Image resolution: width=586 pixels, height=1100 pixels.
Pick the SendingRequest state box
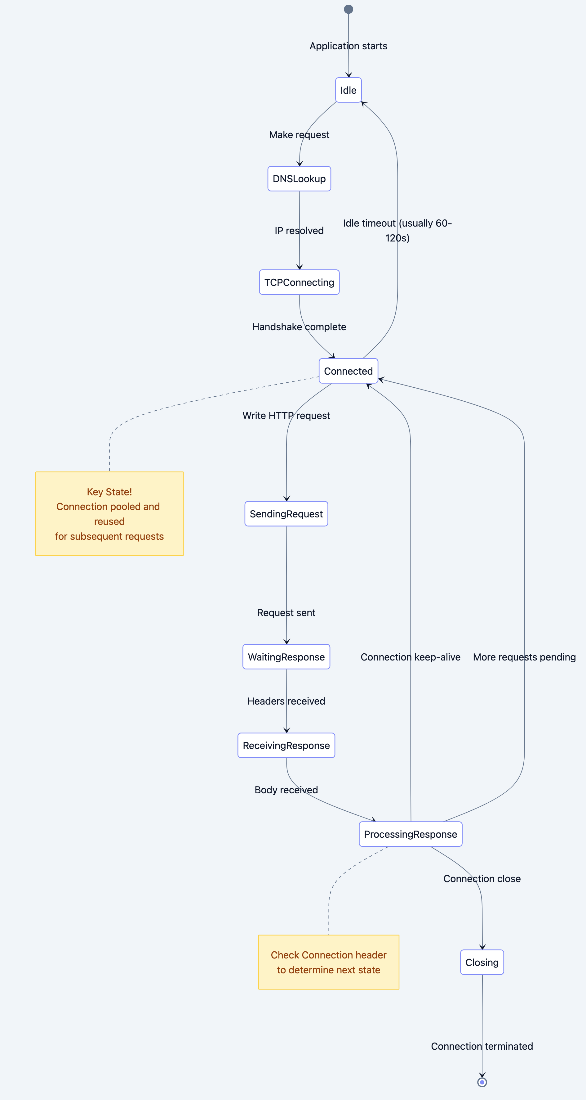click(x=286, y=514)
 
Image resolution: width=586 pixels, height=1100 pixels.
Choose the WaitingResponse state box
click(x=286, y=657)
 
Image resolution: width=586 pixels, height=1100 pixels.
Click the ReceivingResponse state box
click(x=286, y=745)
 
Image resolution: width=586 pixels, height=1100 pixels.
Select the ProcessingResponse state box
click(x=410, y=834)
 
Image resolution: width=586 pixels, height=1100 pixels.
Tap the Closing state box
click(x=482, y=962)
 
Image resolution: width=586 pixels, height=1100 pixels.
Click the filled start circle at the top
click(x=348, y=9)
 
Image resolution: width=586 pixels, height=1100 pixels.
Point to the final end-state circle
click(x=482, y=1082)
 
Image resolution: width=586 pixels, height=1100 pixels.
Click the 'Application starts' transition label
click(x=348, y=46)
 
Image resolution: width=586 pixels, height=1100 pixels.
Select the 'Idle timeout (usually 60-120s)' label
click(x=397, y=231)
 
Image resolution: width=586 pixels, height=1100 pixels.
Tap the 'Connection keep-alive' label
click(x=410, y=657)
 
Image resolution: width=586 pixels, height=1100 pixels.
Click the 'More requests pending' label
click(x=524, y=657)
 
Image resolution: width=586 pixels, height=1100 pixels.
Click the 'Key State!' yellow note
click(x=110, y=514)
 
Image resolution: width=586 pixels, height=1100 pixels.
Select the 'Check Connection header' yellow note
click(x=328, y=962)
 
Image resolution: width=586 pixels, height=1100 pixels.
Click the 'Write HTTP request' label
click(x=286, y=416)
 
